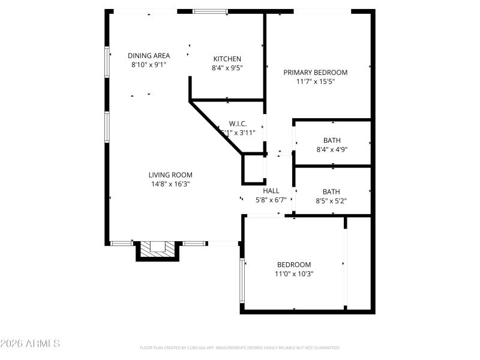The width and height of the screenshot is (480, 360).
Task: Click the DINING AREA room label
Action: click(148, 56)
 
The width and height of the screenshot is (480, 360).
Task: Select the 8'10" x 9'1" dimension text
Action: click(148, 65)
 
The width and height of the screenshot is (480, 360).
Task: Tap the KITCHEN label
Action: click(227, 59)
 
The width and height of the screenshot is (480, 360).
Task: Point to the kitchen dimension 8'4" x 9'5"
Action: click(227, 68)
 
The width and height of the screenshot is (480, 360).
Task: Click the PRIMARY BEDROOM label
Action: click(315, 72)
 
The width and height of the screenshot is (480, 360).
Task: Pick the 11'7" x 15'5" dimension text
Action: click(315, 81)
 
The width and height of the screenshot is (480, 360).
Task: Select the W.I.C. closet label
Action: click(238, 124)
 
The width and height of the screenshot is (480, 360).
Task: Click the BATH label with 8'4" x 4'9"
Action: click(332, 140)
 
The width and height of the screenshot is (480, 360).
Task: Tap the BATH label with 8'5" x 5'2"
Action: click(331, 192)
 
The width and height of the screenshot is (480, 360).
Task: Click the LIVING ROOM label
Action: click(170, 175)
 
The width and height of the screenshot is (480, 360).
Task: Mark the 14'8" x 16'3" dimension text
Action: click(170, 184)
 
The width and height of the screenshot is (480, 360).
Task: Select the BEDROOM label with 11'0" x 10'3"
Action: click(293, 265)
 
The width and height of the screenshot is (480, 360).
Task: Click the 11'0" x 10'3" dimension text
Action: click(293, 274)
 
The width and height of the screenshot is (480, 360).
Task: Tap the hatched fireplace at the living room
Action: click(158, 248)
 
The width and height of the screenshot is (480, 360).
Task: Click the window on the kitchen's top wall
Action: click(210, 11)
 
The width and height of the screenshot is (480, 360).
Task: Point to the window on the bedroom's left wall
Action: click(242, 280)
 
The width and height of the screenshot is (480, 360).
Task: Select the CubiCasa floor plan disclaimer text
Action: click(239, 347)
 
